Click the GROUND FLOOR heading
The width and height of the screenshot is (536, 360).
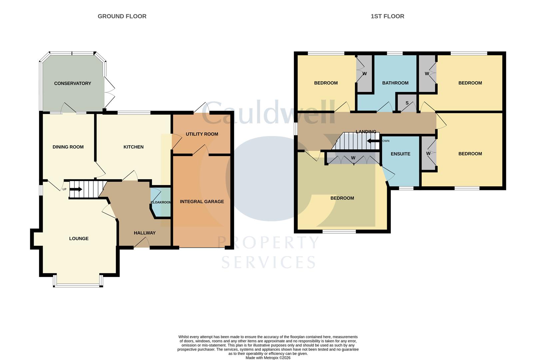pyautogui.click(x=122, y=16)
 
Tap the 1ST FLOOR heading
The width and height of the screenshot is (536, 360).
pyautogui.click(x=387, y=16)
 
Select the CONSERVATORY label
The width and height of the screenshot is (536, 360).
pyautogui.click(x=73, y=83)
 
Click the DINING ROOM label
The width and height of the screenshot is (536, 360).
pyautogui.click(x=68, y=147)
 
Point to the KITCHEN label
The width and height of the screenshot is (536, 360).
pyautogui.click(x=133, y=147)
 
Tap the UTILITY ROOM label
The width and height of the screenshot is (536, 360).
pyautogui.click(x=202, y=134)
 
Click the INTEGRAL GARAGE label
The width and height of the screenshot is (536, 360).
pyautogui.click(x=202, y=202)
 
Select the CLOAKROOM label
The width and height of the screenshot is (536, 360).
pyautogui.click(x=161, y=202)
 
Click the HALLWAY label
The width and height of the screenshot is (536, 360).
pyautogui.click(x=145, y=233)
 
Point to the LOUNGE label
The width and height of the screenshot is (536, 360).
pyautogui.click(x=79, y=239)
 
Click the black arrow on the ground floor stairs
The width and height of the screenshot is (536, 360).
pyautogui.click(x=76, y=189)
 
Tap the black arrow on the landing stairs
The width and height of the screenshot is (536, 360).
pyautogui.click(x=372, y=141)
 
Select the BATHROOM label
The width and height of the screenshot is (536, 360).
pyautogui.click(x=395, y=83)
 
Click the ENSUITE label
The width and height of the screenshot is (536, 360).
pyautogui.click(x=400, y=154)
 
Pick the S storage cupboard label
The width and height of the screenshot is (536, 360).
pyautogui.click(x=407, y=103)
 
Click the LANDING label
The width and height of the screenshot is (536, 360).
pyautogui.click(x=366, y=132)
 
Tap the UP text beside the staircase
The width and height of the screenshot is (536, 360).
pyautogui.click(x=65, y=189)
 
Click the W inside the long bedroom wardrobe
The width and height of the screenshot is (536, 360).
pyautogui.click(x=353, y=158)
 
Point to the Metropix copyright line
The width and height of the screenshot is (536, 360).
pyautogui.click(x=268, y=358)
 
